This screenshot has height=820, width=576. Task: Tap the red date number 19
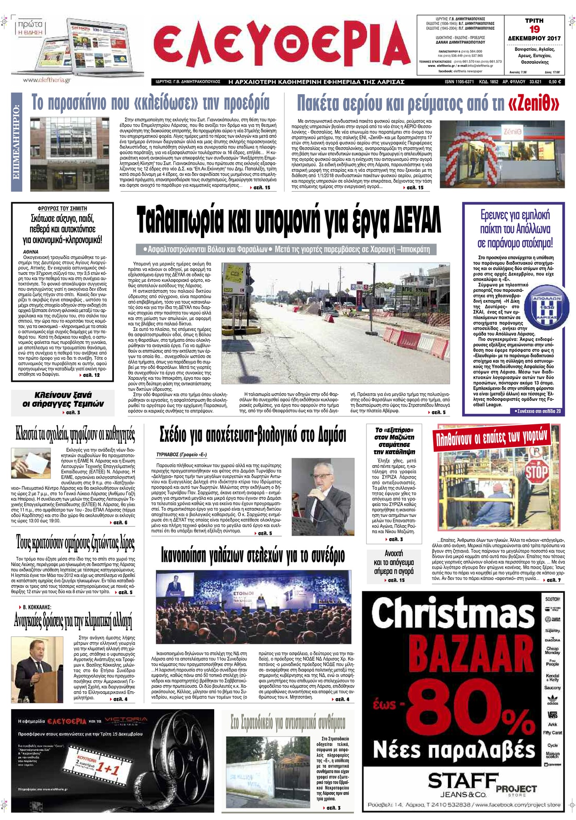point(534,29)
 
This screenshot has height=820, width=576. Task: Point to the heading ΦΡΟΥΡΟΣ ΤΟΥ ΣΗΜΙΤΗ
point(62,208)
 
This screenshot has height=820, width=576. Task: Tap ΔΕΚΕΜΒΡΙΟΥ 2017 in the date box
point(534,38)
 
